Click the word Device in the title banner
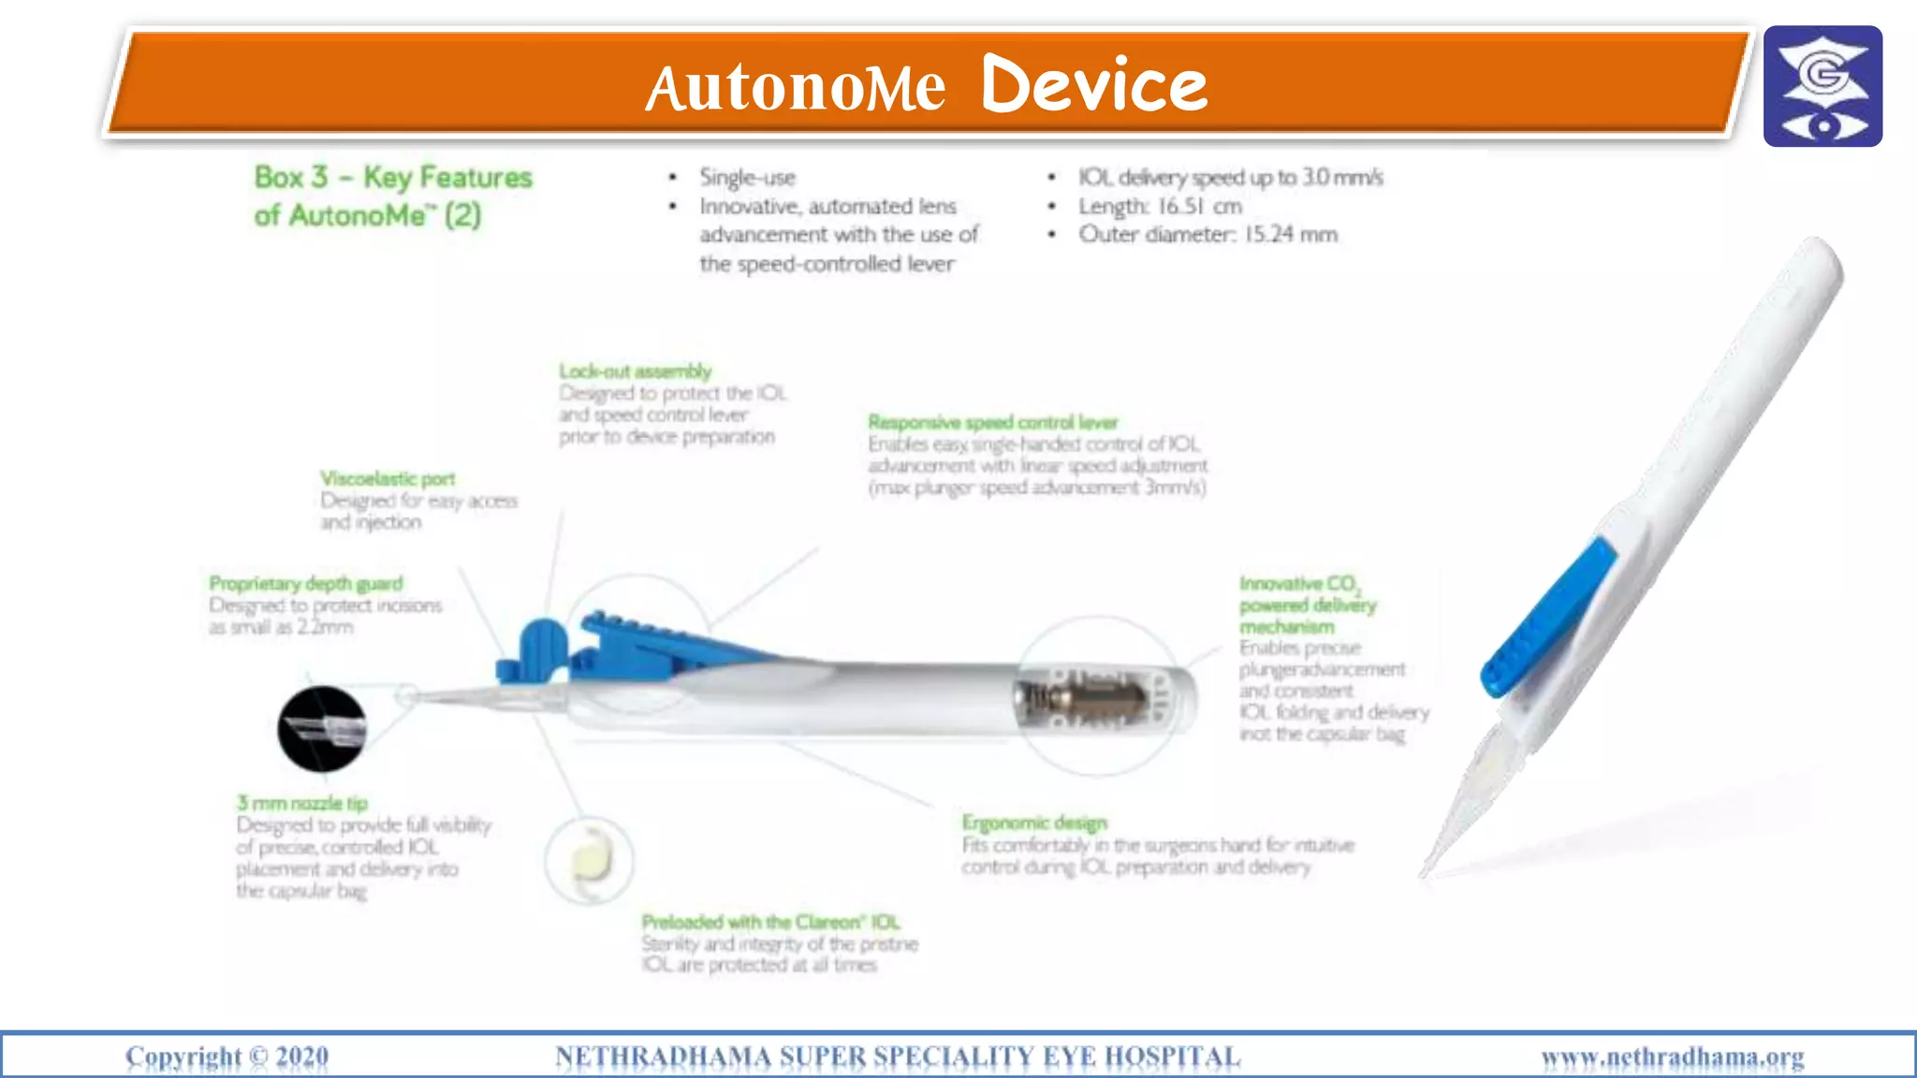click(1094, 85)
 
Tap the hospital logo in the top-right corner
click(1822, 86)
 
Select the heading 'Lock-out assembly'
click(636, 371)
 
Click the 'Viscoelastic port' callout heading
click(388, 479)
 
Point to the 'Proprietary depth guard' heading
click(306, 584)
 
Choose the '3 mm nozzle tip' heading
click(302, 803)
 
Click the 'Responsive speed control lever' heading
click(992, 422)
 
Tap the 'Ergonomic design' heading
click(1034, 823)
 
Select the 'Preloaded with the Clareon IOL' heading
click(770, 922)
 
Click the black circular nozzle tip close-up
click(322, 729)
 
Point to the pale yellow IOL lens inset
click(590, 858)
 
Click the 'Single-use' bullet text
click(747, 178)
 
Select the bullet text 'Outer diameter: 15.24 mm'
click(1207, 235)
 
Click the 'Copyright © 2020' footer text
click(227, 1056)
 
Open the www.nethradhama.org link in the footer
click(1673, 1057)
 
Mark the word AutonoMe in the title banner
click(796, 89)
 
